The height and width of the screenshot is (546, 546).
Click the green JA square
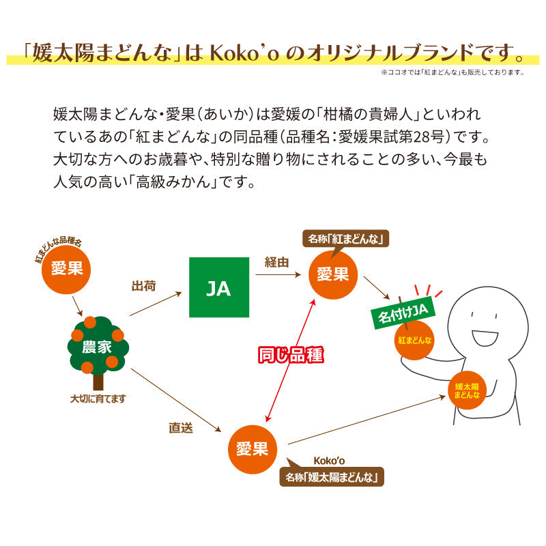click(x=219, y=287)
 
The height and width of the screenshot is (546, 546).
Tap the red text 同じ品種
click(x=289, y=355)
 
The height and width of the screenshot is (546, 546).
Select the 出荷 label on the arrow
click(x=144, y=285)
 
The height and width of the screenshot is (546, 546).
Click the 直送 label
click(x=181, y=429)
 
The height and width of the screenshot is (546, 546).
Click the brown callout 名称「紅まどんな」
click(x=346, y=238)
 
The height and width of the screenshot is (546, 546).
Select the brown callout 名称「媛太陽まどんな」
click(x=332, y=476)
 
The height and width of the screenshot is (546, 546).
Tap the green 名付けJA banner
click(x=402, y=313)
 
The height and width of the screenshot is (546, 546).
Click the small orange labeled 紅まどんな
click(x=414, y=339)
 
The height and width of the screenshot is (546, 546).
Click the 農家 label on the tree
click(x=97, y=346)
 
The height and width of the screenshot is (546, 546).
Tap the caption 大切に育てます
click(x=98, y=398)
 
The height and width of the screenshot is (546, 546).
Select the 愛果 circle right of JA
click(x=333, y=274)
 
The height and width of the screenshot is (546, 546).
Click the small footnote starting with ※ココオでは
click(x=452, y=72)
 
